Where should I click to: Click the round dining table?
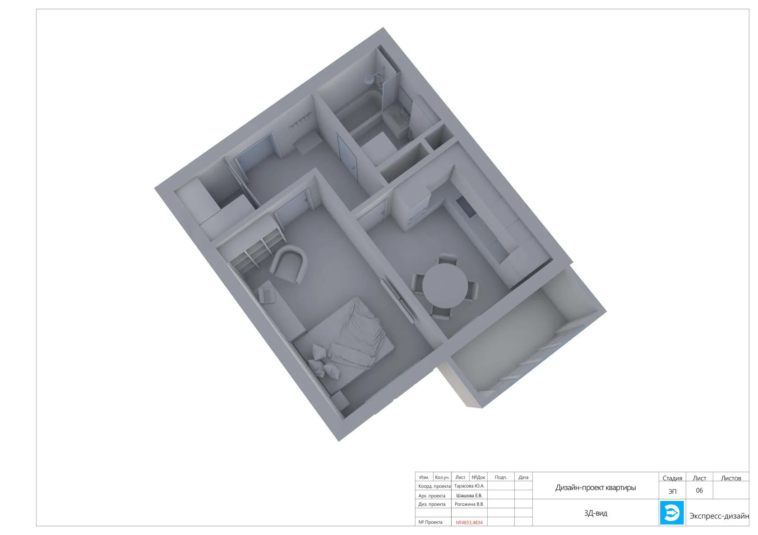coord(445,286)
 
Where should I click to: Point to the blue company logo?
coord(671,513)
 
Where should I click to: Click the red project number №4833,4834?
coord(469,522)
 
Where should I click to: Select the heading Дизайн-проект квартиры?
coord(596,488)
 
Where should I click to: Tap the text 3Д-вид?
coord(596,513)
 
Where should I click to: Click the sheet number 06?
coord(699,490)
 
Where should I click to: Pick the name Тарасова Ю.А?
coord(469,486)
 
